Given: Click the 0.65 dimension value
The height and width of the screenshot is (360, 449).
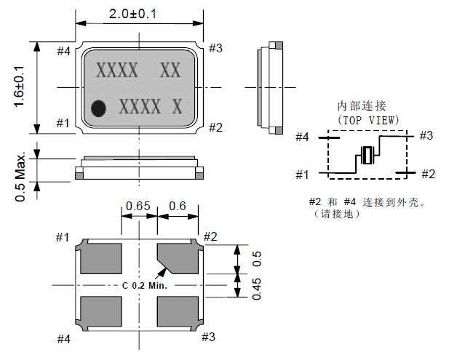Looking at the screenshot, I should (x=138, y=207).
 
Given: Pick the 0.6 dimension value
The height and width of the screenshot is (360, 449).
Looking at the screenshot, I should (x=178, y=207).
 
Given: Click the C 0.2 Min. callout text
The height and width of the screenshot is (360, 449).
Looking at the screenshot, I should (x=145, y=285).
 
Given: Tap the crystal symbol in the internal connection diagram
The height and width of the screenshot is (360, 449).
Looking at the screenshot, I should (x=367, y=154).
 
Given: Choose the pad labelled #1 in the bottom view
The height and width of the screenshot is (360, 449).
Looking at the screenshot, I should (x=100, y=258).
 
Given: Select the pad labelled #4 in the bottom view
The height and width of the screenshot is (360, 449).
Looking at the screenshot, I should (x=100, y=311).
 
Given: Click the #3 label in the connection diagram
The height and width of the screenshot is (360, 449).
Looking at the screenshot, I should (x=426, y=135).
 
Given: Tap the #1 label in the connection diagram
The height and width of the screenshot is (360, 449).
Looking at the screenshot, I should (x=303, y=174).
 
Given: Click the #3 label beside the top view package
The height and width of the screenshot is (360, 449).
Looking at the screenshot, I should (x=215, y=48).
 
